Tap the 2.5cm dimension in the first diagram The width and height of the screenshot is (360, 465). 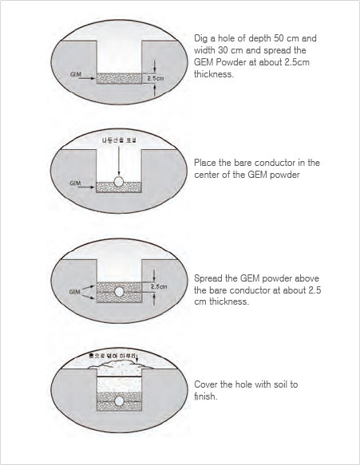click(155, 78)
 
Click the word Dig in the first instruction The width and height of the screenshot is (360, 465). click(201, 38)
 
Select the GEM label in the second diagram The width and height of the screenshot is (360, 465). click(76, 183)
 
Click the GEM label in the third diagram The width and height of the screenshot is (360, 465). click(74, 292)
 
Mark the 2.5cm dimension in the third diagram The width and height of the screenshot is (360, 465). click(158, 285)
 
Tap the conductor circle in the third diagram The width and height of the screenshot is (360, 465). click(118, 292)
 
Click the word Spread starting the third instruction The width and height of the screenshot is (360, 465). click(209, 278)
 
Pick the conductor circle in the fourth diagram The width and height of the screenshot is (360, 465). click(118, 400)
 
